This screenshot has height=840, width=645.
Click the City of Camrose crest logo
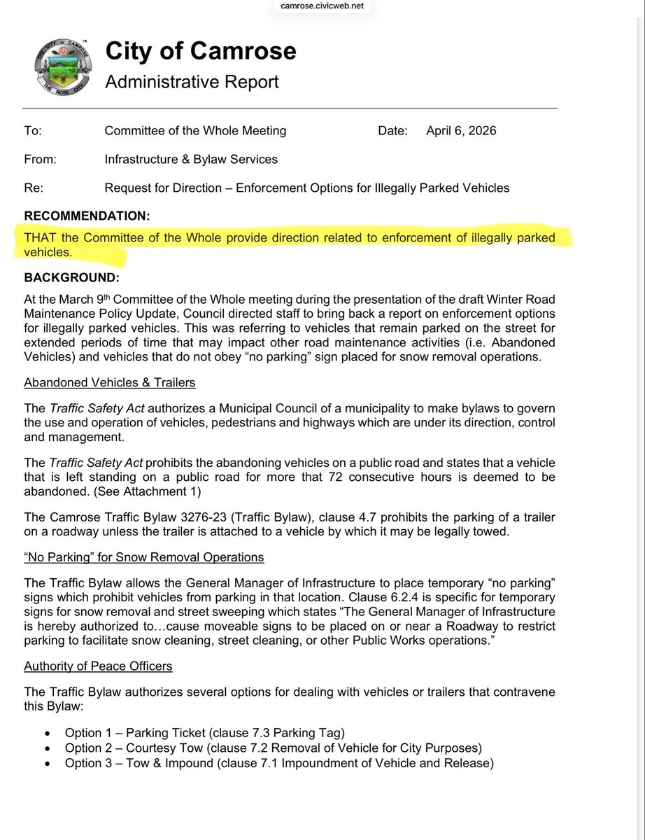(x=62, y=69)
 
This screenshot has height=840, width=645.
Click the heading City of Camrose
(x=200, y=51)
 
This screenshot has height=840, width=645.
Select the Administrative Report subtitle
(x=192, y=82)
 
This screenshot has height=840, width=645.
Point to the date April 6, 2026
(x=461, y=131)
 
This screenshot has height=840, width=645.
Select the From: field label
(x=40, y=159)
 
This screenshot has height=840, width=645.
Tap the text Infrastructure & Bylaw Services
(x=190, y=159)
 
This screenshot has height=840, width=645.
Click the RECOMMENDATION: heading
(x=87, y=216)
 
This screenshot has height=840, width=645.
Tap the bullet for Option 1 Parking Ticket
(x=47, y=733)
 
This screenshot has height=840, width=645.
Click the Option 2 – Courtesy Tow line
(x=273, y=748)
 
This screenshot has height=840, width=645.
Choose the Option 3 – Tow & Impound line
(x=278, y=763)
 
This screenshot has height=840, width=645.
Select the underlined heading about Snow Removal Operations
(x=143, y=557)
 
